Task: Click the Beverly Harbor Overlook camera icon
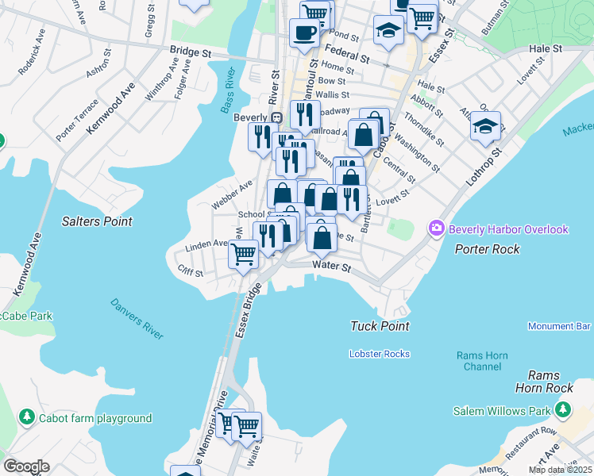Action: [436, 229]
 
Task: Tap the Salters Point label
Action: [97, 221]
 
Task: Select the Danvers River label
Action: [137, 319]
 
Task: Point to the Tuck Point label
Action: [380, 326]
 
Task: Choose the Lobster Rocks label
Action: [380, 353]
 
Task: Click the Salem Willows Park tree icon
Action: [563, 410]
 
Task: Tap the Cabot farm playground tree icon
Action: [26, 417]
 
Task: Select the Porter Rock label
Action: [488, 249]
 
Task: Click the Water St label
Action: [331, 267]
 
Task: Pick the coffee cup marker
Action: [304, 33]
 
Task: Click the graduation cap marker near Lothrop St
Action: [485, 125]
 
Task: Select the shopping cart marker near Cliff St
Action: [243, 255]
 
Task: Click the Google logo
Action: [26, 466]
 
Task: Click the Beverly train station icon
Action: [276, 117]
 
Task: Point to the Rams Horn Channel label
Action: [483, 361]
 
